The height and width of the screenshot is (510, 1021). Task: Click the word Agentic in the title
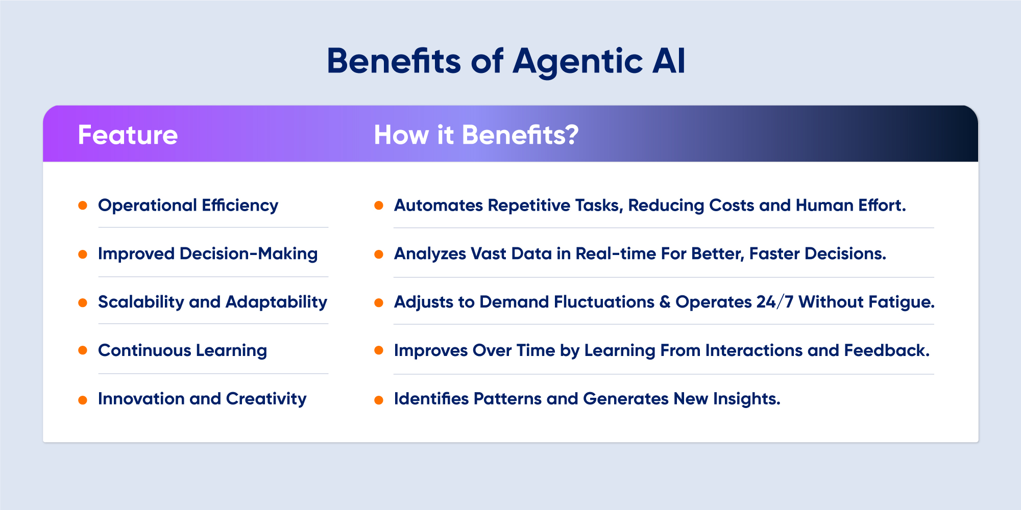577,62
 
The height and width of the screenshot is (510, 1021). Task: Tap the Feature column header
128,135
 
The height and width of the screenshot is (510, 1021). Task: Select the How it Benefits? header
476,135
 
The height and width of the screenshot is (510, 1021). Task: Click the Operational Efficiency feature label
188,205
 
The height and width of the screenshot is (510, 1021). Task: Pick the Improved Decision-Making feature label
207,253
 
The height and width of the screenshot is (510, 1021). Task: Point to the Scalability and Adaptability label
212,302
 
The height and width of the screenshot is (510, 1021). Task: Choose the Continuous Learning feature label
182,350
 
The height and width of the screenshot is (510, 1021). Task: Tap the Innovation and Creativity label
202,398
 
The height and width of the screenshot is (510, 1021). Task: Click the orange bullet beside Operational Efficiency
83,206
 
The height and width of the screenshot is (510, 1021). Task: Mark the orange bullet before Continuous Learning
83,350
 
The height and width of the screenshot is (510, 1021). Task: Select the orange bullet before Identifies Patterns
379,400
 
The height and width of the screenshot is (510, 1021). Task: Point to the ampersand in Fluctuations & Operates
665,302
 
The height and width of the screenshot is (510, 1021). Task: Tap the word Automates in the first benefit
438,205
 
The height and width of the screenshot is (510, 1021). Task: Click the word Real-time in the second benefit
616,253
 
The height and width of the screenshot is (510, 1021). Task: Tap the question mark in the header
572,135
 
